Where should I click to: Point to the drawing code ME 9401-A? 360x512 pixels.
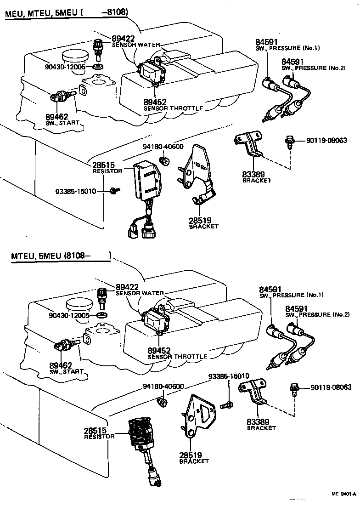[x=343, y=494]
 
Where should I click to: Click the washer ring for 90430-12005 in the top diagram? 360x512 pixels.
[x=97, y=67]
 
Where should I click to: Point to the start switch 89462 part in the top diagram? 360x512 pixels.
[x=59, y=97]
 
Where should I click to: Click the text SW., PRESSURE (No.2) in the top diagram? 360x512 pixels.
[x=313, y=68]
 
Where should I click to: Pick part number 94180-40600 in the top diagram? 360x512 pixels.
[x=163, y=147]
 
